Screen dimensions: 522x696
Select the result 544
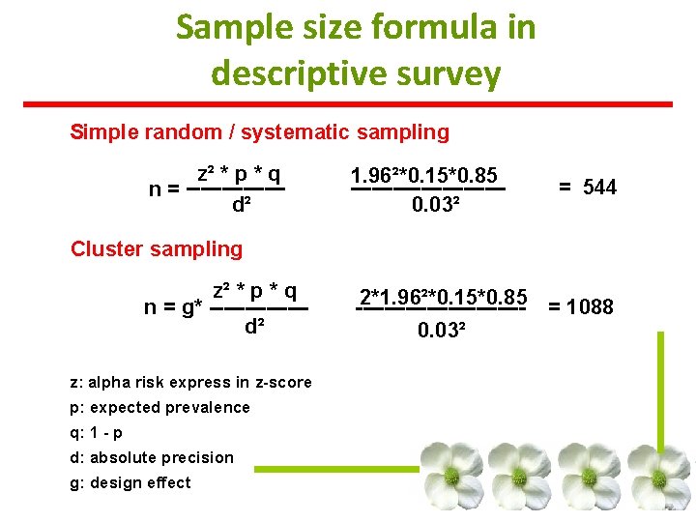(598, 188)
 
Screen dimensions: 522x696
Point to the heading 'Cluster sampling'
(157, 249)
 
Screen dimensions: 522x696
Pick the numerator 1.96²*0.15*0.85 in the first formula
(424, 175)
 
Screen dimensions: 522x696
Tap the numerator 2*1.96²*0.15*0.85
(443, 296)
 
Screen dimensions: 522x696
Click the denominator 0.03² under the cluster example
(443, 331)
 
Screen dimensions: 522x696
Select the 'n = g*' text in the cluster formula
(173, 308)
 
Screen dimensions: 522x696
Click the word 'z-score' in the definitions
(279, 383)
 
